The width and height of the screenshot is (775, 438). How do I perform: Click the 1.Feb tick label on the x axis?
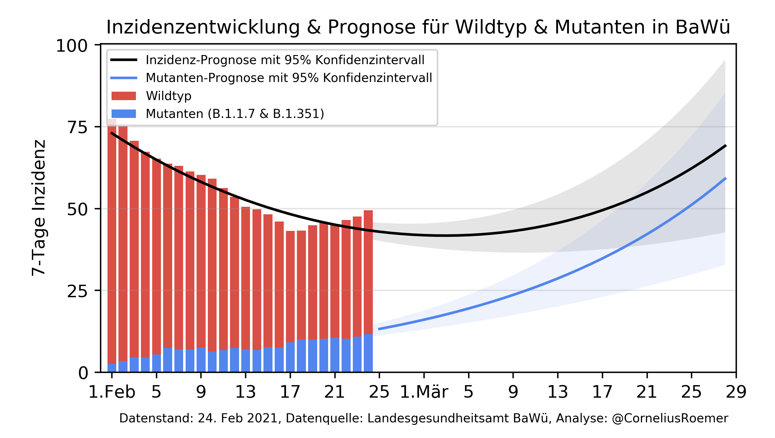coord(112,392)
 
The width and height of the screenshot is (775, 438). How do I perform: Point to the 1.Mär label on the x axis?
coord(424,392)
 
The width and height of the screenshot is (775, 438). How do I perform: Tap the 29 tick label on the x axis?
coord(736,392)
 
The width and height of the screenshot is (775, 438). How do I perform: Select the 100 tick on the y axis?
coord(72,46)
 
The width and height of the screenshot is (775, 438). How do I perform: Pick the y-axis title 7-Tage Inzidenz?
coord(39,208)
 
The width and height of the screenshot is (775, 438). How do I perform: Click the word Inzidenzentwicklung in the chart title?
coord(203,27)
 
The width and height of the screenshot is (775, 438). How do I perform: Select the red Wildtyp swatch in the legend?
coord(124,96)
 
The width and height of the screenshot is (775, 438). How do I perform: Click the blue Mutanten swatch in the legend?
coord(124,114)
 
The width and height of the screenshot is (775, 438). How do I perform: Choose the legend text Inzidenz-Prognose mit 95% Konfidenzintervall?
coord(285,60)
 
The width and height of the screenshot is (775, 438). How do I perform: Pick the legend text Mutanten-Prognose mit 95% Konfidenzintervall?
coord(289,78)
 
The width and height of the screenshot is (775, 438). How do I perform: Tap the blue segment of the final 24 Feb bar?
coord(368,353)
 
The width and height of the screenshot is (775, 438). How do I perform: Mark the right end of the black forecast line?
coord(725,146)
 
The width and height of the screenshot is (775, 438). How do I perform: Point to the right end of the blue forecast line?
coord(725,178)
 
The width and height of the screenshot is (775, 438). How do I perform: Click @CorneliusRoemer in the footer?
coord(670,419)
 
